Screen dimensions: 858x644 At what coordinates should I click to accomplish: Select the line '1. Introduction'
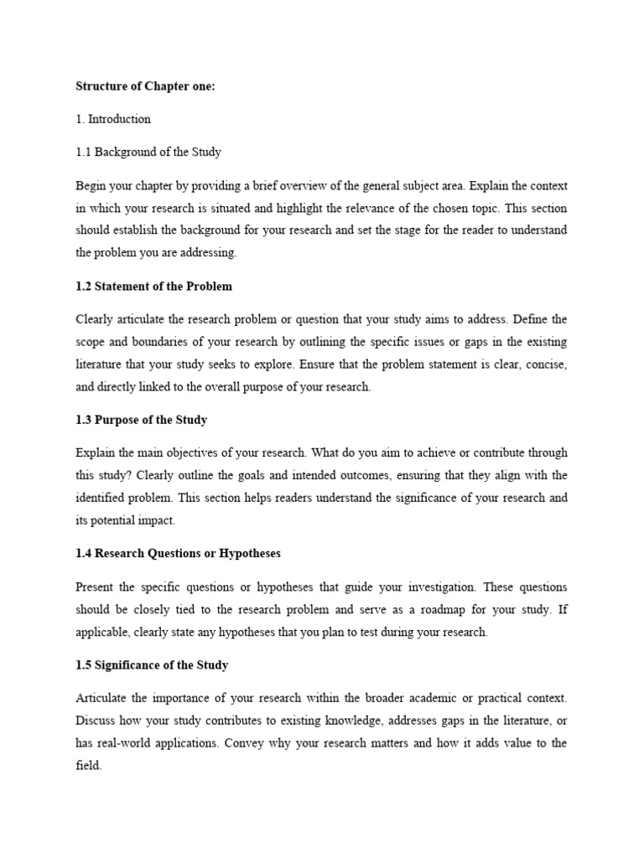(x=113, y=119)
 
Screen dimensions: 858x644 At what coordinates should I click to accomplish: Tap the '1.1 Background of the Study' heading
(x=148, y=152)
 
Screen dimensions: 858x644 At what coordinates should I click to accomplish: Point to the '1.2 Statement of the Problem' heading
(x=154, y=287)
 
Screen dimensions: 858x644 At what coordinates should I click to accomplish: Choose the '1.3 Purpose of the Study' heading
(x=142, y=420)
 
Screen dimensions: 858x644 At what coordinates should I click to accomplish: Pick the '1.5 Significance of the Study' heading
(x=152, y=665)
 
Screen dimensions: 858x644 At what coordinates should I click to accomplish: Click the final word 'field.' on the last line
(x=88, y=765)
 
